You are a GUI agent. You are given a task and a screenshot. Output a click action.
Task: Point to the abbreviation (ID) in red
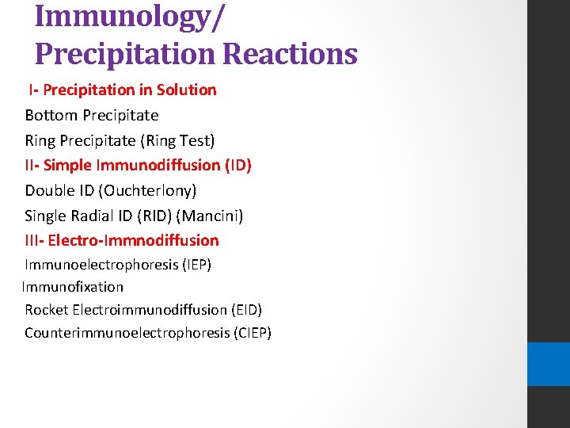click(x=237, y=165)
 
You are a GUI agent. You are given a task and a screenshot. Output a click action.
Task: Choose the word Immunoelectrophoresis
click(x=101, y=264)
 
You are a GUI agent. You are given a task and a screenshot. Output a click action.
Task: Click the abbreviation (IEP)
click(x=197, y=264)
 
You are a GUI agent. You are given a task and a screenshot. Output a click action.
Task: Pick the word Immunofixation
click(x=73, y=286)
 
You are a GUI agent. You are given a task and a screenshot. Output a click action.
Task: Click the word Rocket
click(x=46, y=309)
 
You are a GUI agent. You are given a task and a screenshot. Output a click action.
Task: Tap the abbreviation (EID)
click(x=246, y=309)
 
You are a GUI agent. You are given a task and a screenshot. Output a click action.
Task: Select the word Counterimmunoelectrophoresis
click(x=127, y=332)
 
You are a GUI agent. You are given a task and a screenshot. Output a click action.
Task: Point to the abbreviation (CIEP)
click(x=253, y=332)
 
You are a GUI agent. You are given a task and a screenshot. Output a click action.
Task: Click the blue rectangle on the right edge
click(x=549, y=364)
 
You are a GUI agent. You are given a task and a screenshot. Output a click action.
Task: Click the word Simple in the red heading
click(x=66, y=165)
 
